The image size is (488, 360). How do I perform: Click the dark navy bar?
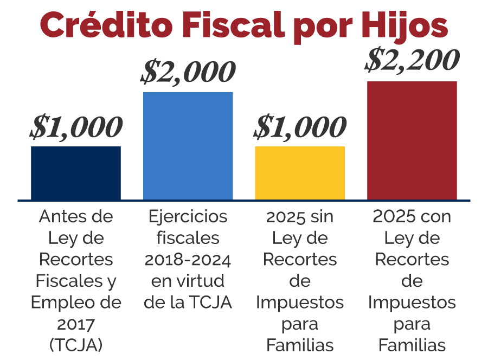[x=76, y=173]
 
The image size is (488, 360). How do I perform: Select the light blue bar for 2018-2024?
[x=188, y=146]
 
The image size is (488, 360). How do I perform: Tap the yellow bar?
[x=300, y=173]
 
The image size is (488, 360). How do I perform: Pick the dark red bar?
[x=412, y=140]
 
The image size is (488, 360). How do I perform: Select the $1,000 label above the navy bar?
[x=76, y=127]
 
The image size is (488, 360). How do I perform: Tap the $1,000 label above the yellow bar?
[x=300, y=127]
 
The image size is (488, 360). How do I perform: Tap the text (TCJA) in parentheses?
[x=76, y=345]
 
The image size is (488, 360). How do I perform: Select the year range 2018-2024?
[x=188, y=260]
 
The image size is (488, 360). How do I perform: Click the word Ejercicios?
[x=188, y=216]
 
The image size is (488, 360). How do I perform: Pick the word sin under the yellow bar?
[x=322, y=216]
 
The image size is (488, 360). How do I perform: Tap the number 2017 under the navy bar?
[x=76, y=324]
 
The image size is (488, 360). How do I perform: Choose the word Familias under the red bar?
[x=412, y=345]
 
